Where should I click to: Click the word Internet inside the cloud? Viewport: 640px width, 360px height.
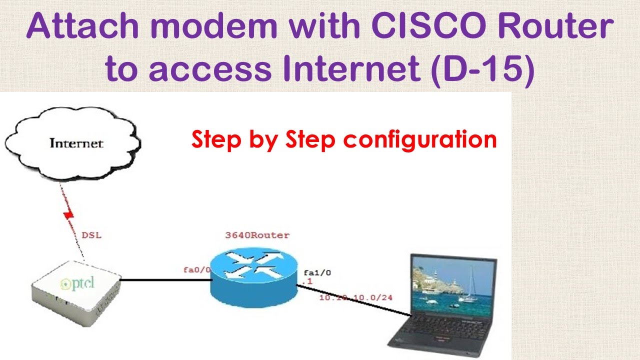coord(76,143)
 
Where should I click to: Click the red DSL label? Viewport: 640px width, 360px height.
coord(91,234)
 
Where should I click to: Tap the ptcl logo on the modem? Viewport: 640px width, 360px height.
coord(77,284)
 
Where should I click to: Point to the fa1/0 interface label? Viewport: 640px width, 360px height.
coord(317,273)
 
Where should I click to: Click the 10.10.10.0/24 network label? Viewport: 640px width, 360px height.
coord(356,298)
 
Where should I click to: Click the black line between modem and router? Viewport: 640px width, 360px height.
coord(165,280)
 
